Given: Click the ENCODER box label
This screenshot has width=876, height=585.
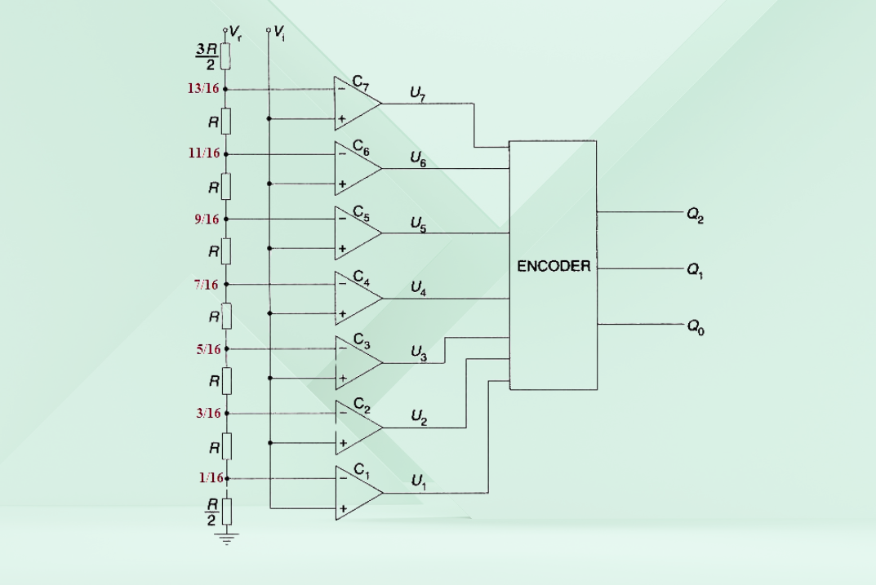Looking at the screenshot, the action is [554, 266].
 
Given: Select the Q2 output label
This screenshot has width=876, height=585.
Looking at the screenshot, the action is [695, 215].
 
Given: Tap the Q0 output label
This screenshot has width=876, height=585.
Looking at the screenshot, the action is [696, 326].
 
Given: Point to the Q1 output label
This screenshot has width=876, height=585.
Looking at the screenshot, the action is [695, 271].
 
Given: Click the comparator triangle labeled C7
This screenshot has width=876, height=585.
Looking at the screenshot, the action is [358, 104].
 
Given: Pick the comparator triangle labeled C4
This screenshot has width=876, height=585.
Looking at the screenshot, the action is [358, 298].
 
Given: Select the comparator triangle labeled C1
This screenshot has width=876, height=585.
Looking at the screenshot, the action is [358, 493].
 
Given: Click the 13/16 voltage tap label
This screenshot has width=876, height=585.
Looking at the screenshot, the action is [203, 88].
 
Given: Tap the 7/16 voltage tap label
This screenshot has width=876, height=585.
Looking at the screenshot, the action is [207, 285].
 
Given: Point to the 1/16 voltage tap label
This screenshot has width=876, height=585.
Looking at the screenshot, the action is [211, 478].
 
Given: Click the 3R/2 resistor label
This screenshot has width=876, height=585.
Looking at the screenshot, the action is [207, 56].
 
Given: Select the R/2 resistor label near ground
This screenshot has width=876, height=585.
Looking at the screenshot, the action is [211, 512].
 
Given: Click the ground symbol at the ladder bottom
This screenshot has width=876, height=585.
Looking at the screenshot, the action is [226, 538].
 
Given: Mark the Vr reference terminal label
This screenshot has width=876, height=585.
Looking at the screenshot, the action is [235, 33].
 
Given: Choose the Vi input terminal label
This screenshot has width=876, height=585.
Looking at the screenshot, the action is [279, 33].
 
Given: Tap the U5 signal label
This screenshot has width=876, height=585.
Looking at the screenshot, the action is [419, 224].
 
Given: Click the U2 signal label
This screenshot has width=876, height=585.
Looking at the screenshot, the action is [419, 418].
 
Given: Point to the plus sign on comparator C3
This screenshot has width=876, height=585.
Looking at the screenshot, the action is [342, 378].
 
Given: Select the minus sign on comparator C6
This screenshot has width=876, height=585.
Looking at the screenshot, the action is [342, 154].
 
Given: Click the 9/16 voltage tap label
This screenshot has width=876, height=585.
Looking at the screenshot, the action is [207, 219].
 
